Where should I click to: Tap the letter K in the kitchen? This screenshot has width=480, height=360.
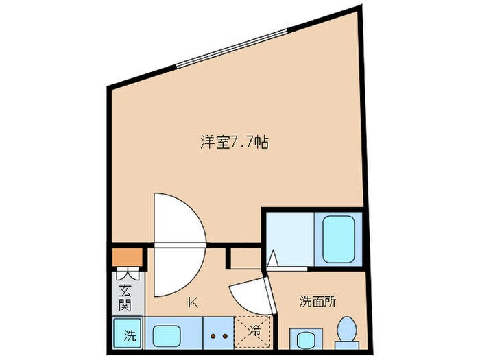pos(194,300)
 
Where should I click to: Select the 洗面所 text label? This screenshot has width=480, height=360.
pos(317,300)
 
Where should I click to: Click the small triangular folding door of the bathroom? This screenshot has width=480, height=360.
pos(272,259)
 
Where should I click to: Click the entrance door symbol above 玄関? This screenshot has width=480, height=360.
pos(134,275)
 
